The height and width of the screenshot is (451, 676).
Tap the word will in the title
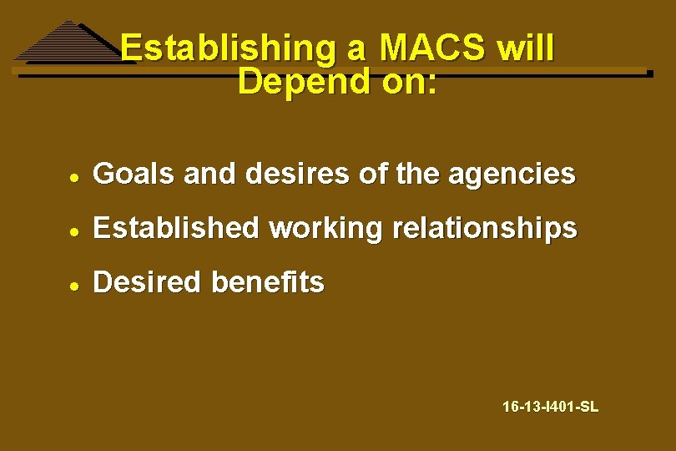[x=524, y=49]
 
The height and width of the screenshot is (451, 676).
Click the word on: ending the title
[x=408, y=82]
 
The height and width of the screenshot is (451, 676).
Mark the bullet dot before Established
[x=74, y=230]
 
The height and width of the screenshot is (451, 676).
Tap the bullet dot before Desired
[x=74, y=284]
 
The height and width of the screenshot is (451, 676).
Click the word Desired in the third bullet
[x=147, y=282]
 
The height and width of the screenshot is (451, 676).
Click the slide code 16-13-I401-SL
[x=550, y=408]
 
